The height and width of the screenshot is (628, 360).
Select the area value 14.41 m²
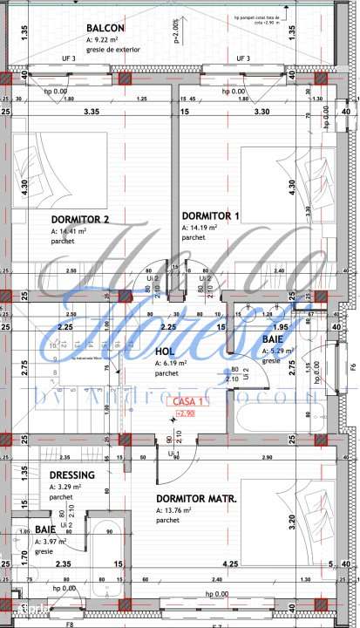pyautogui.click(x=70, y=231)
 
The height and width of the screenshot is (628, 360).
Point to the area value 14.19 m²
pyautogui.click(x=200, y=227)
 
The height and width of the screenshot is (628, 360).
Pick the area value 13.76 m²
pyautogui.click(x=173, y=510)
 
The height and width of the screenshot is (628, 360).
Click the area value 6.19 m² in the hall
pyautogui.click(x=172, y=363)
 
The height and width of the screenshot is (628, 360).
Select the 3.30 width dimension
pyautogui.click(x=261, y=113)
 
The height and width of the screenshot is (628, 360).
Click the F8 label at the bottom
pyautogui.click(x=70, y=625)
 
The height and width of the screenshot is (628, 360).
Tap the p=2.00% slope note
pyautogui.click(x=177, y=33)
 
